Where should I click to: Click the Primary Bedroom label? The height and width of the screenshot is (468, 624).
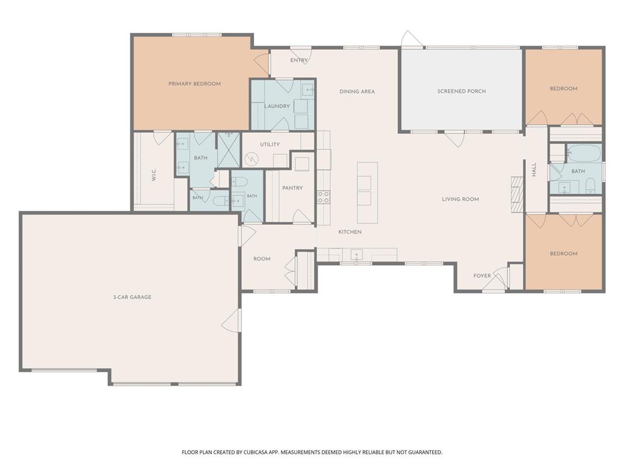[x=194, y=83]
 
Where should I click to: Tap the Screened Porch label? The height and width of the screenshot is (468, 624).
[x=462, y=91]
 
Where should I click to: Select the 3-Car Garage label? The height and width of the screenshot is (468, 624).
[x=132, y=297]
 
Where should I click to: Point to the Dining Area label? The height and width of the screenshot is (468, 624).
[x=357, y=91]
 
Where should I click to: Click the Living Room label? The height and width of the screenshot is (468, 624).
[x=461, y=199]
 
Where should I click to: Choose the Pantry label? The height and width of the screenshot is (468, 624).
[x=292, y=188]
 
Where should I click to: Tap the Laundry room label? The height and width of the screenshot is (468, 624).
[x=277, y=106]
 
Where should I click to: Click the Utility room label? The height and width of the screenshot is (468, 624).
[x=270, y=144]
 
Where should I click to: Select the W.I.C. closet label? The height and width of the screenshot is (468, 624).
[x=154, y=175]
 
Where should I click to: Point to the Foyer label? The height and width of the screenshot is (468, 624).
[x=482, y=276]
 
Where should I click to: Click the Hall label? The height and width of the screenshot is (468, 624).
[x=534, y=169]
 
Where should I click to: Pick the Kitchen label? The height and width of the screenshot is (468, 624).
[x=350, y=232]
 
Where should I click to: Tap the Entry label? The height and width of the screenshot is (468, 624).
[x=299, y=60]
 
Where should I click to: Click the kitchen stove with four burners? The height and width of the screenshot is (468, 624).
[x=324, y=197]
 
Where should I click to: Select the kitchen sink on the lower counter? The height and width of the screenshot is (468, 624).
[x=356, y=254]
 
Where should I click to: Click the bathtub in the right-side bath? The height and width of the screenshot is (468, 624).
[x=584, y=153]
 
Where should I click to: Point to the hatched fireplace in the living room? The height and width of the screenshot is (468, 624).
[x=516, y=194]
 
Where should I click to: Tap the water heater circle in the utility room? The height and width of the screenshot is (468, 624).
[x=252, y=160]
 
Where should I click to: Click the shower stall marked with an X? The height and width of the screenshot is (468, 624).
[x=229, y=150]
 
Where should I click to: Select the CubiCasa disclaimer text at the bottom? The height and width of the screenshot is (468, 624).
[x=312, y=452]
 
